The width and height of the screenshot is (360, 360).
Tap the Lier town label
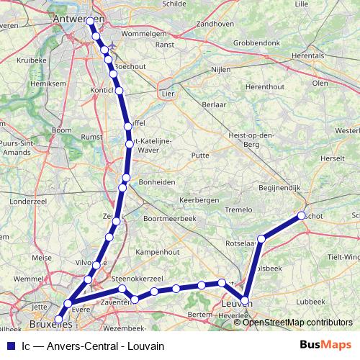click(167, 94)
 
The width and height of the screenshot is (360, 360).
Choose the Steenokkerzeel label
click(137, 277)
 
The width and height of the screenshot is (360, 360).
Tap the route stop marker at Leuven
click(246, 301)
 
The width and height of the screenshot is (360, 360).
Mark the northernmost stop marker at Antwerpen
click(91, 22)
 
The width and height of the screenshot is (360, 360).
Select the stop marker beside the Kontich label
click(120, 91)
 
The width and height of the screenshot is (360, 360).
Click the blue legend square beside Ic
click(9, 346)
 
